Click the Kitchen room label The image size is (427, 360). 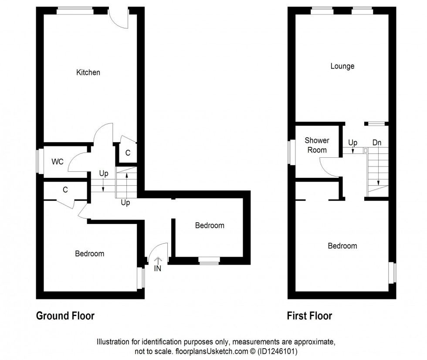88,72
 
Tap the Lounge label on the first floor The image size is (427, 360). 342,66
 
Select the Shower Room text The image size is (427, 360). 317,145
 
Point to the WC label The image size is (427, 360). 58,162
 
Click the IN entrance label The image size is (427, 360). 158,268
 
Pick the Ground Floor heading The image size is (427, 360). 65,316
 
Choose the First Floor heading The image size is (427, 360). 309,316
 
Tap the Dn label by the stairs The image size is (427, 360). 377,143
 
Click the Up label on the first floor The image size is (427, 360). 352,143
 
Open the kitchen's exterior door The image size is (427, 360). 119,17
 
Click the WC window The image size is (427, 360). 39,162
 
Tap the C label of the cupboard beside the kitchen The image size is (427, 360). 128,153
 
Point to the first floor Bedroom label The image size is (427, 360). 342,246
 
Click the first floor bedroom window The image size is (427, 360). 393,272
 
